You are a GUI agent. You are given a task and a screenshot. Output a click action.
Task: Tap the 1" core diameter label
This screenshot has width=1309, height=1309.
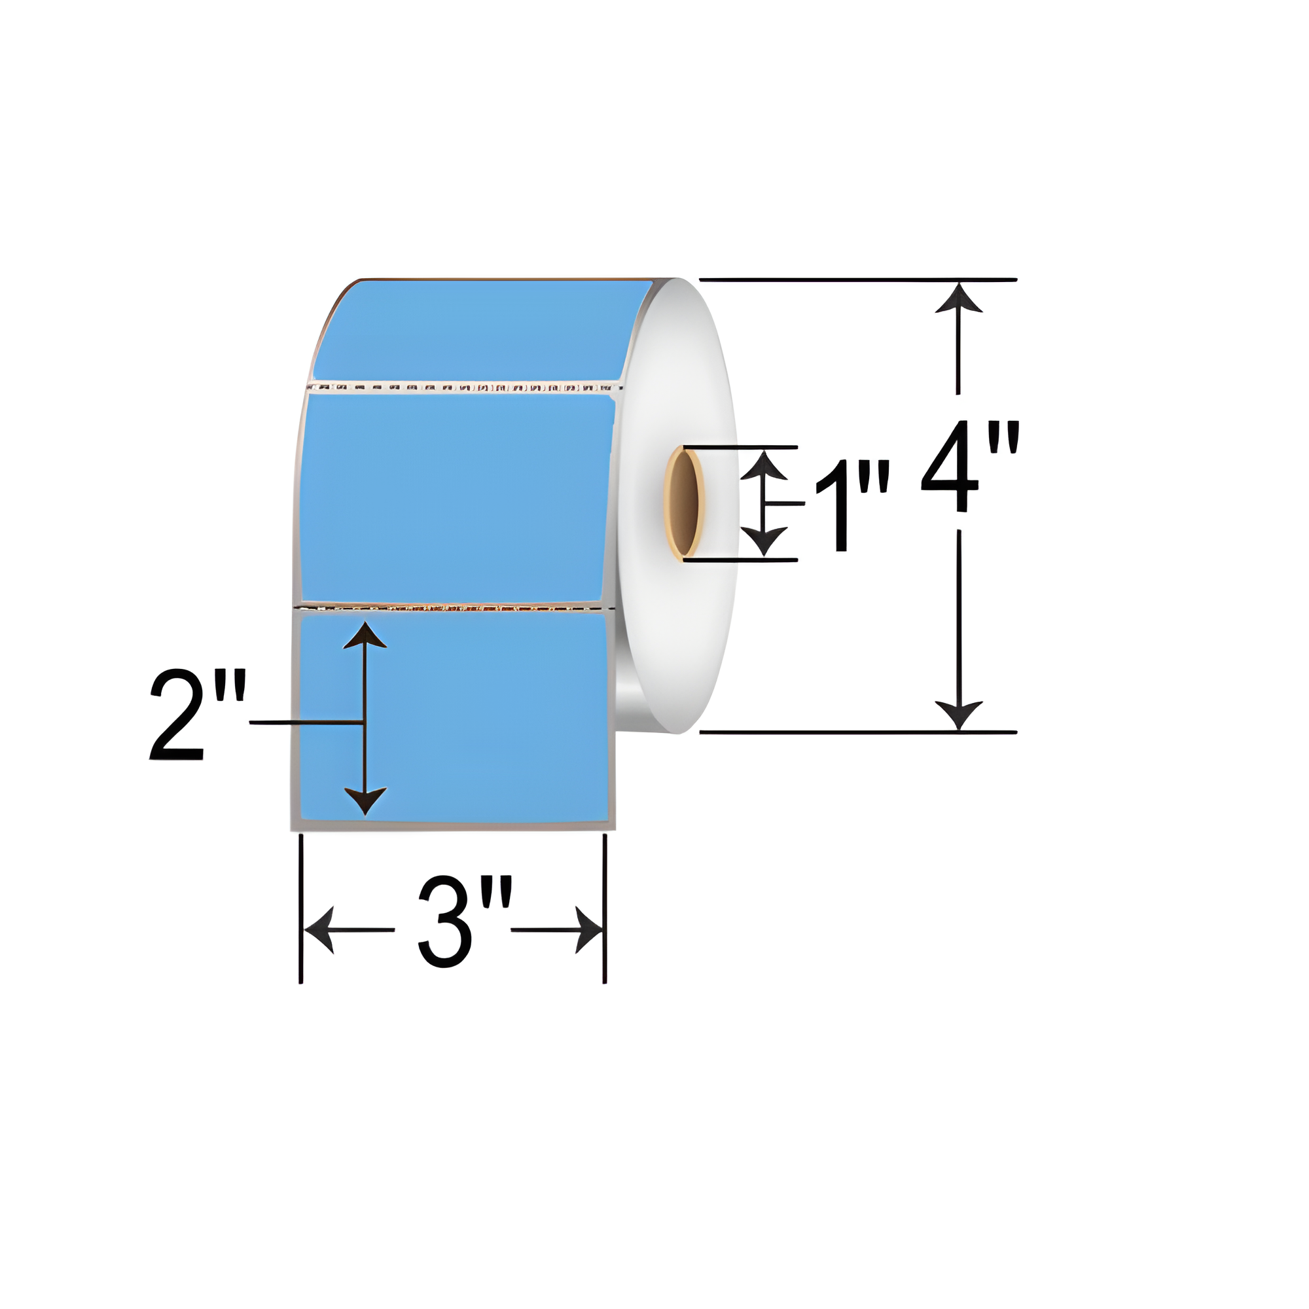(851, 505)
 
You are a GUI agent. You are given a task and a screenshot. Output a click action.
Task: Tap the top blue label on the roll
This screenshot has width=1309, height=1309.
(475, 331)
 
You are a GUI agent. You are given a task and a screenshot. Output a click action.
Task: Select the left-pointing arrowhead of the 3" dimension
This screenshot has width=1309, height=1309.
(319, 929)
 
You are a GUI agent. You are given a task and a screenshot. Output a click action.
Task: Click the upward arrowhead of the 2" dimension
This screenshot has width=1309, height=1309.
(365, 637)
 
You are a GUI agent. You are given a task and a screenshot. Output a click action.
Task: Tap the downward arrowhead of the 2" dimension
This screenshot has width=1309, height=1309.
(365, 800)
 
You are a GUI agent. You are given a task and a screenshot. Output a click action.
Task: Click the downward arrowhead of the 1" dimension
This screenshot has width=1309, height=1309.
(764, 540)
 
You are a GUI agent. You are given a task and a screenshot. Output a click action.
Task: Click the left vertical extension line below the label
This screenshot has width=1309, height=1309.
(301, 908)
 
